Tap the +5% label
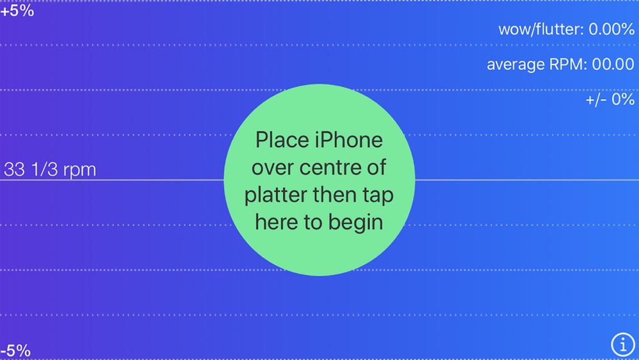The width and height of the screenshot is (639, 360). [x=17, y=11]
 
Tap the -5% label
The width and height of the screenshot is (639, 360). [x=15, y=350]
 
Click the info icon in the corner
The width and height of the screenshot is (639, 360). [x=622, y=345]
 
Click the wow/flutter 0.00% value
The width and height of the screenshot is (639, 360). [x=612, y=29]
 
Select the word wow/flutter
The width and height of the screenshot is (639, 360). [x=541, y=29]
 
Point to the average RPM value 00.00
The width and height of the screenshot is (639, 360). [x=613, y=65]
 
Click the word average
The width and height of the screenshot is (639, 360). [x=516, y=65]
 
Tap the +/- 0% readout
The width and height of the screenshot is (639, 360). [x=610, y=100]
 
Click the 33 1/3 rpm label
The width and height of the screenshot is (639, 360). [x=50, y=170]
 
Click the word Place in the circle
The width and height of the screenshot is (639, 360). [x=282, y=140]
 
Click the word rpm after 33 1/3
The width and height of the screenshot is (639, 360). [x=80, y=171]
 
